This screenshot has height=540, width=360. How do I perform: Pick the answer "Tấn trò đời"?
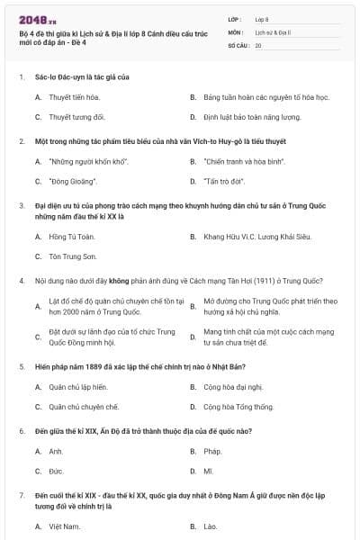click(221, 181)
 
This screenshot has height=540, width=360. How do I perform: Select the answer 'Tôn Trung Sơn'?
click(73, 256)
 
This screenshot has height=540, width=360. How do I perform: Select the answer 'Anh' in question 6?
click(56, 451)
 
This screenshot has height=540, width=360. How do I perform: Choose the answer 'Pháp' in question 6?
click(212, 451)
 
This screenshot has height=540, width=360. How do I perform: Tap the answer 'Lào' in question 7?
click(211, 526)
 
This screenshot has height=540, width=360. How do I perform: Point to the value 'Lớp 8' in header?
click(262, 18)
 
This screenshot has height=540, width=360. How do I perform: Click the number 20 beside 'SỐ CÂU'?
click(258, 44)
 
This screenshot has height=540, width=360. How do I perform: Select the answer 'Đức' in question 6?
click(56, 471)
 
